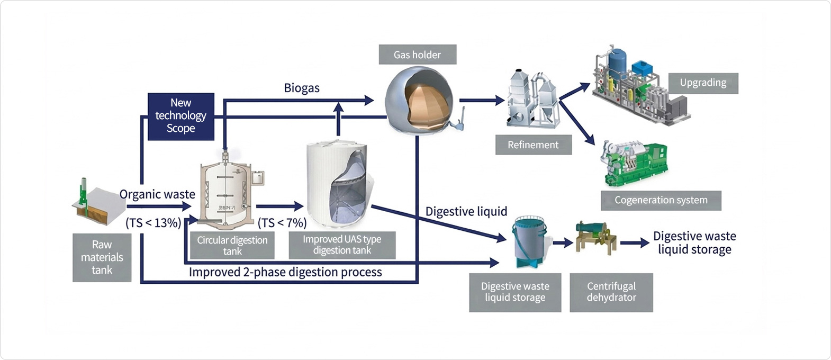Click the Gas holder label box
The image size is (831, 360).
click(417, 55)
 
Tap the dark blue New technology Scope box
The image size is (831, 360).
click(180, 116)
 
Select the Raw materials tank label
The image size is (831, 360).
click(102, 257)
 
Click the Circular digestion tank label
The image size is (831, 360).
click(232, 245)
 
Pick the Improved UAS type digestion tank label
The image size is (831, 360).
click(342, 245)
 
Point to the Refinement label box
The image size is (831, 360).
click(533, 145)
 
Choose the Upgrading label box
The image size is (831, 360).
click(702, 83)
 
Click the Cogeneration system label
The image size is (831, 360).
click(661, 200)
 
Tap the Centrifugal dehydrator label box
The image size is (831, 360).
click(611, 292)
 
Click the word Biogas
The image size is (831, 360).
click(302, 88)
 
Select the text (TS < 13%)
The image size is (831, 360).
click(153, 223)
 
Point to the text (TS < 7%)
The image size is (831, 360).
click(282, 223)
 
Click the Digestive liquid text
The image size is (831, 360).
click(466, 212)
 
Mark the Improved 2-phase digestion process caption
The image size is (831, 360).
click(285, 272)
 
